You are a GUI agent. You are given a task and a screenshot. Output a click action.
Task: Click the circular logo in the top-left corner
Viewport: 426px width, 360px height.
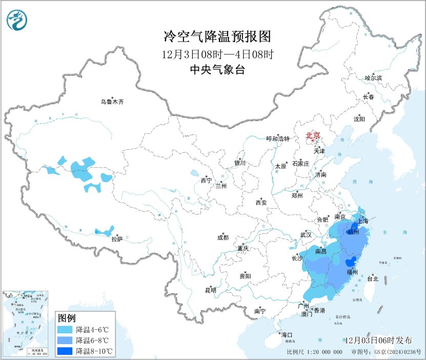(x=17, y=20)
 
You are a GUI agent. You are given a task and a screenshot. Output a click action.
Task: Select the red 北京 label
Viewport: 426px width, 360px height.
(x=313, y=136)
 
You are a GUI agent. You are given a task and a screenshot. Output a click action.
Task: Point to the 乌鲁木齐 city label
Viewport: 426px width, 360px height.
(x=112, y=102)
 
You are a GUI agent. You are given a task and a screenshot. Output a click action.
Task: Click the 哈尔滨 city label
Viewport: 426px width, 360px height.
(x=373, y=78)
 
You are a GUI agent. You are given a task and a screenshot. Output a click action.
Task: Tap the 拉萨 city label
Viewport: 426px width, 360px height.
(x=117, y=238)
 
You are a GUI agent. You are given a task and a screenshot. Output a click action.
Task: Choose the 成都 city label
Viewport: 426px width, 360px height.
(x=223, y=237)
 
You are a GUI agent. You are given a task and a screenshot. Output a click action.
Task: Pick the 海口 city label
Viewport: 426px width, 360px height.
(x=287, y=335)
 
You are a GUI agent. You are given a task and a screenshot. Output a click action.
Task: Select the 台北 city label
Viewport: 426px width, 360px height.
(x=372, y=279)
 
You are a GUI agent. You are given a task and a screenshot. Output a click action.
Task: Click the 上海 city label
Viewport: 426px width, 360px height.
(x=363, y=221)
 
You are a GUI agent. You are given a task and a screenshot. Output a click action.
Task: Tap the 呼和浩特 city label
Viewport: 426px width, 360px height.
(x=278, y=139)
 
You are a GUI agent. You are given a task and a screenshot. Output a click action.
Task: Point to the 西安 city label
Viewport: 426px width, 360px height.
(x=261, y=203)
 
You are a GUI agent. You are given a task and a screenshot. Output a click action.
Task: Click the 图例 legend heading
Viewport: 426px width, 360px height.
(x=67, y=317)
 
